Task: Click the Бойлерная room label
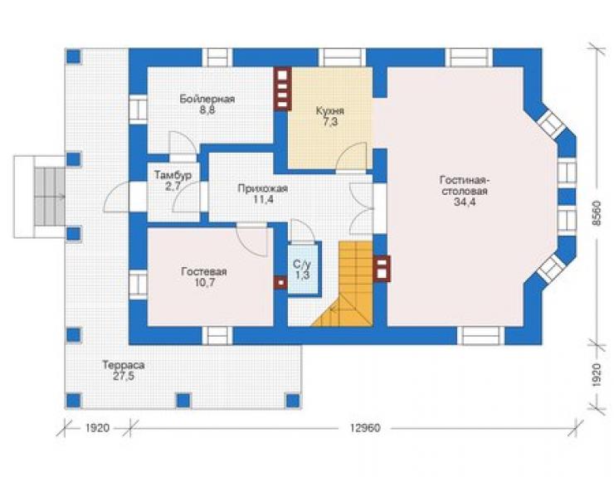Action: [207, 99]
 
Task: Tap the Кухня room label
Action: [329, 111]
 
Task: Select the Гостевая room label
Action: [204, 271]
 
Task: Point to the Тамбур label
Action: [173, 175]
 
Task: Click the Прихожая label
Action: [263, 188]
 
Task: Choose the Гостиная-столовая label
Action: [465, 186]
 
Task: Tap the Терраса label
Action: [124, 365]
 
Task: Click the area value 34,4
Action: [465, 202]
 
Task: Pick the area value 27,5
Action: [124, 376]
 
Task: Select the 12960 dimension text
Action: [365, 428]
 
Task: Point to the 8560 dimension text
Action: [596, 213]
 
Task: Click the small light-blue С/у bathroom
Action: [302, 269]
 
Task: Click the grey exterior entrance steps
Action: [49, 197]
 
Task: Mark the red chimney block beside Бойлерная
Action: [283, 89]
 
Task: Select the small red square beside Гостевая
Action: [280, 282]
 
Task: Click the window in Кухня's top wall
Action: [342, 57]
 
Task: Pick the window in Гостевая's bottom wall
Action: [217, 335]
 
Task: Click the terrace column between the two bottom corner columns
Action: [183, 400]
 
